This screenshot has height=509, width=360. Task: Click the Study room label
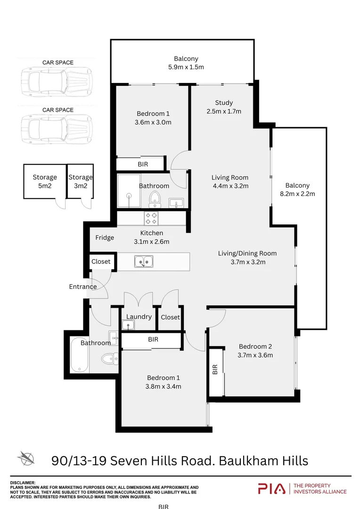click(224, 107)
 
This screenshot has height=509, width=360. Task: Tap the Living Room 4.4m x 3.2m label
click(230, 181)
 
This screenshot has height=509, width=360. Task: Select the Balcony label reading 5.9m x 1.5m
click(186, 63)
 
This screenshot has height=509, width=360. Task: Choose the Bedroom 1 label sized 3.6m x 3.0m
click(153, 118)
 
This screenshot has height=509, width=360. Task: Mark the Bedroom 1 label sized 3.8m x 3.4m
click(164, 382)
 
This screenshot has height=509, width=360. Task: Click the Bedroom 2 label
click(255, 351)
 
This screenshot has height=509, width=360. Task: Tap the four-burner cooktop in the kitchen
click(152, 218)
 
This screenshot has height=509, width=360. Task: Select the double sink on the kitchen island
click(143, 261)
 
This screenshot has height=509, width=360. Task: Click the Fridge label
click(105, 238)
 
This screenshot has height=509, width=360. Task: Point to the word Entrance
click(83, 287)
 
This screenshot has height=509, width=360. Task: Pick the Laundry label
click(139, 317)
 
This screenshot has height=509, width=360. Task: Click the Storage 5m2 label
click(45, 181)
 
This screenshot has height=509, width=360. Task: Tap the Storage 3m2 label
click(81, 181)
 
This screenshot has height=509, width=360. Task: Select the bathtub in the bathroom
click(79, 354)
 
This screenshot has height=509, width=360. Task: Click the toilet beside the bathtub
click(108, 359)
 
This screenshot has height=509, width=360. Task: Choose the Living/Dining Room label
click(247, 257)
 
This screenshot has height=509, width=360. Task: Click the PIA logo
click(272, 489)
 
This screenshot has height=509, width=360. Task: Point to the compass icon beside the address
click(26, 458)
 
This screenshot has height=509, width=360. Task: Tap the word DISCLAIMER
click(23, 483)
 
